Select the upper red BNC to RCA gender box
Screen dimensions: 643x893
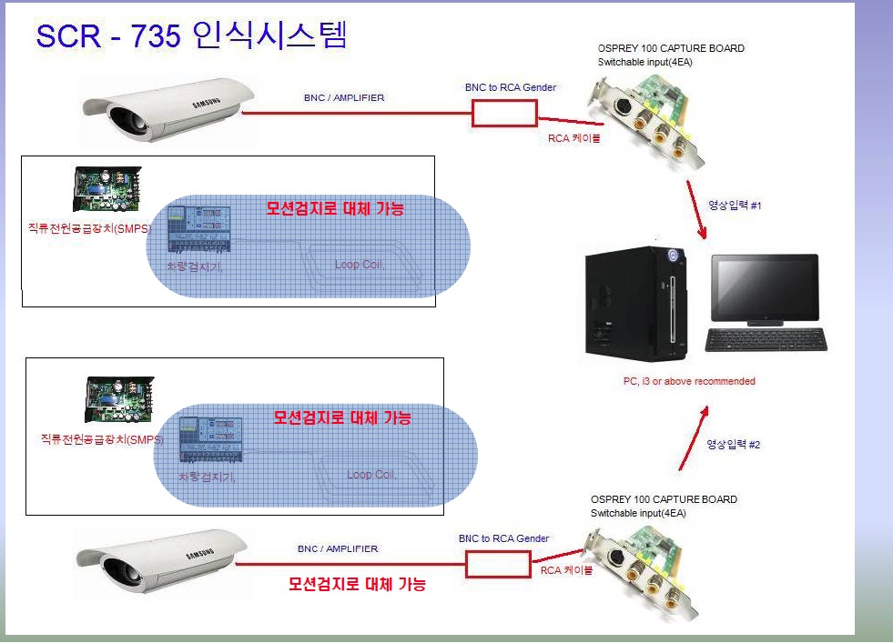(503, 113)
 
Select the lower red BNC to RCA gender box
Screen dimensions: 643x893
(496, 565)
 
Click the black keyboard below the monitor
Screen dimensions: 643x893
(766, 340)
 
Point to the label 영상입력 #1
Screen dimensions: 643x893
(734, 206)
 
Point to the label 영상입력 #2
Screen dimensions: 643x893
(733, 445)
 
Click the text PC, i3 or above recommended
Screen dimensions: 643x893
(689, 381)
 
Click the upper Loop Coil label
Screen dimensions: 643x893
(360, 265)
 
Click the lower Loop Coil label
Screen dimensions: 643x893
(371, 475)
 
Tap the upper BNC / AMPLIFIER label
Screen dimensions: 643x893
(343, 97)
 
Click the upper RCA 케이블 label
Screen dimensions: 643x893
(573, 138)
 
